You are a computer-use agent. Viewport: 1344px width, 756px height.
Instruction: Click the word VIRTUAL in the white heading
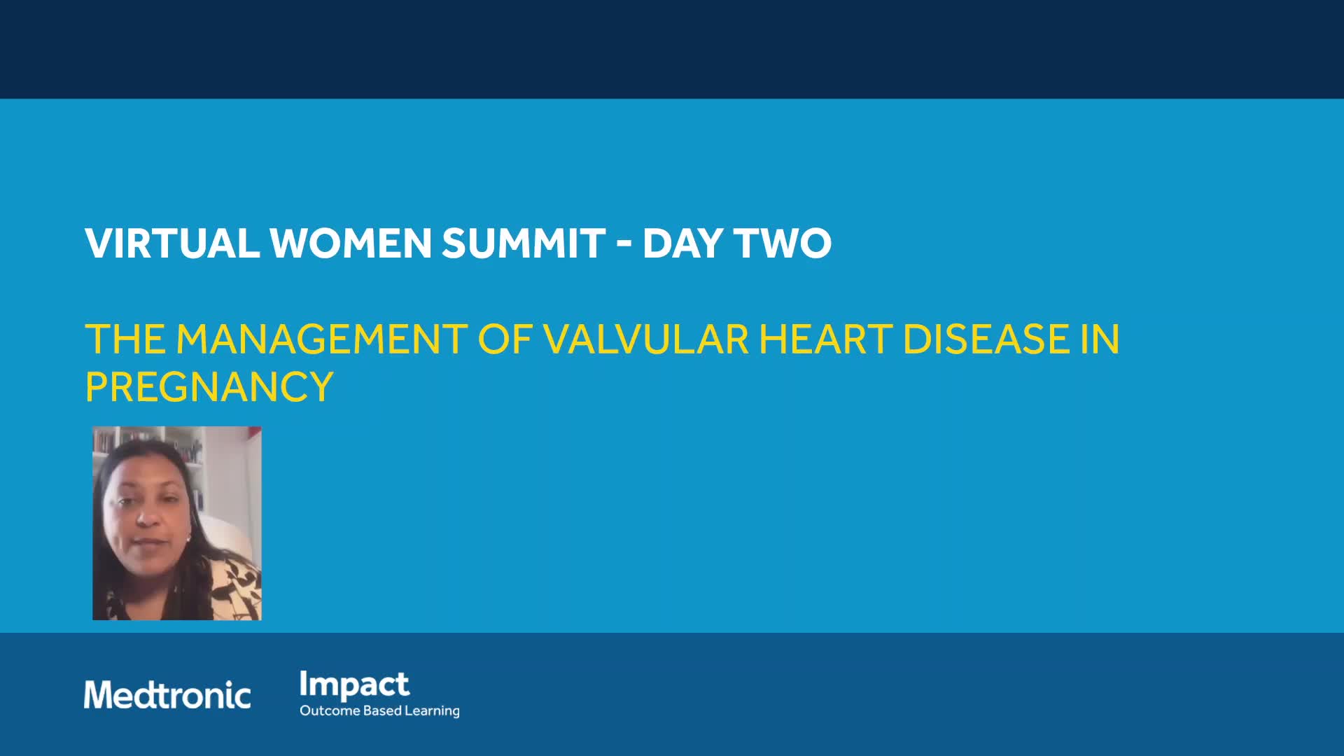pos(172,243)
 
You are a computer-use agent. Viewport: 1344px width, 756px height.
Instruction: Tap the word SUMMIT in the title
pos(524,243)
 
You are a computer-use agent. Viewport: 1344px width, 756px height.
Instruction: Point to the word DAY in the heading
pos(683,243)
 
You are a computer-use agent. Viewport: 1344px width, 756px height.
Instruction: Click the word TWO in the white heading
pos(783,243)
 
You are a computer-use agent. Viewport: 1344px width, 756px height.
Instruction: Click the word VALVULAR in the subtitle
pos(646,339)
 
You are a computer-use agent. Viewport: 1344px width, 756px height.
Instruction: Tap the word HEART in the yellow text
pos(827,339)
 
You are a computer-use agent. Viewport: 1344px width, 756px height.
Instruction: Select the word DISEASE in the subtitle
pos(987,339)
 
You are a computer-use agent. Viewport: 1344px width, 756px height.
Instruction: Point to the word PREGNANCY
pos(209,386)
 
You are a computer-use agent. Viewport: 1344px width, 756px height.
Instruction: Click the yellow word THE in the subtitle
pos(125,339)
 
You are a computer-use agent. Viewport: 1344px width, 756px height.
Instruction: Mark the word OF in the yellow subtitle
pos(505,339)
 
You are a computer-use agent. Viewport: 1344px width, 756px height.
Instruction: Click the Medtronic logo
pos(167,694)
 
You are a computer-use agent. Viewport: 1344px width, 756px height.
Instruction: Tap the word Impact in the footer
pos(354,685)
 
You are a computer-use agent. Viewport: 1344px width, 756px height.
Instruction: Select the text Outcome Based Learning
pos(379,710)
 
